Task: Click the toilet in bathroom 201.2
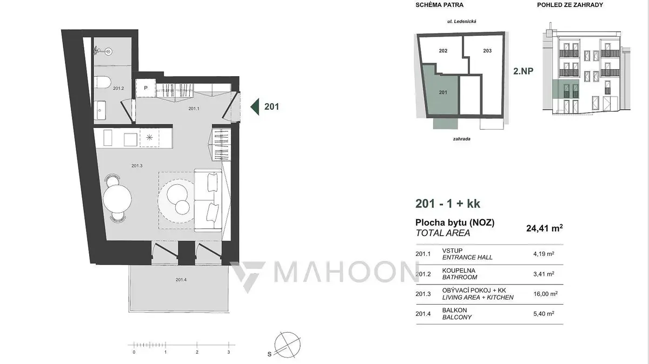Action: [x=102, y=82]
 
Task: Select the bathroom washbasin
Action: [x=100, y=110]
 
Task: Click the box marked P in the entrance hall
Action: [x=145, y=88]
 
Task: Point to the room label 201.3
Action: [x=137, y=166]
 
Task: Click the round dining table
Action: [x=117, y=199]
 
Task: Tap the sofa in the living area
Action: [x=208, y=200]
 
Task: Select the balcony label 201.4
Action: [x=181, y=280]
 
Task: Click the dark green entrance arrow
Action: [x=255, y=107]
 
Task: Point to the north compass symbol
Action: [x=287, y=345]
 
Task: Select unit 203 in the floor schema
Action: [x=487, y=51]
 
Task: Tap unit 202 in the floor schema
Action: [x=443, y=51]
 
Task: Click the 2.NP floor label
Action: [x=524, y=71]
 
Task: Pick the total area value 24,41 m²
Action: [x=545, y=228]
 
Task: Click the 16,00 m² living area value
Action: [x=545, y=294]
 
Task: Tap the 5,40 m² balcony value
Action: [x=544, y=314]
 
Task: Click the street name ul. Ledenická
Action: [x=462, y=22]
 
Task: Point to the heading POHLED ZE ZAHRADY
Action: [x=570, y=5]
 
